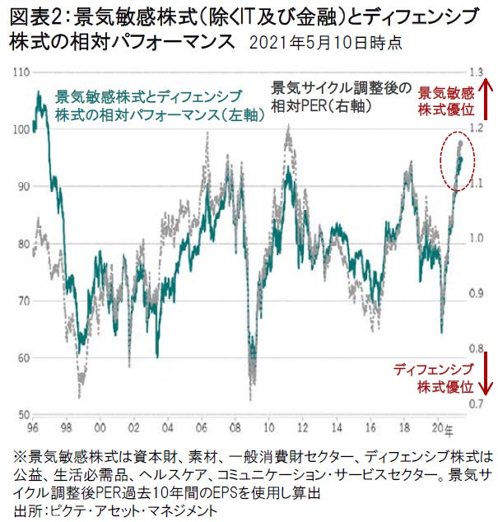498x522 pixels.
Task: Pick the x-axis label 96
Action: [x=30, y=428]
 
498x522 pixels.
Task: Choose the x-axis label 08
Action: [x=236, y=428]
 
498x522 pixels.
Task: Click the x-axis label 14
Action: [x=339, y=428]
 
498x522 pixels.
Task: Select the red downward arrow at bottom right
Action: [x=486, y=372]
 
